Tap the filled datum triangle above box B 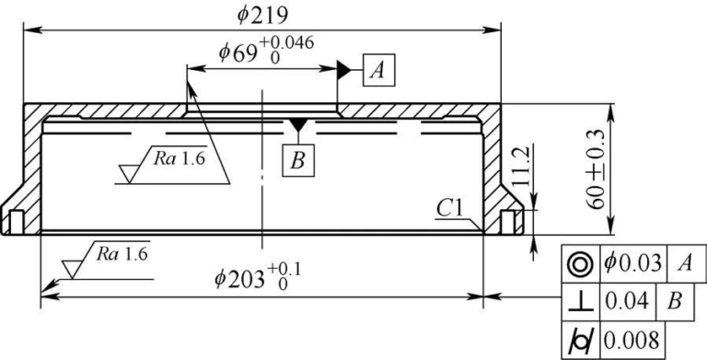pyautogui.click(x=297, y=124)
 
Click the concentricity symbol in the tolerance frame pyautogui.click(x=581, y=264)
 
